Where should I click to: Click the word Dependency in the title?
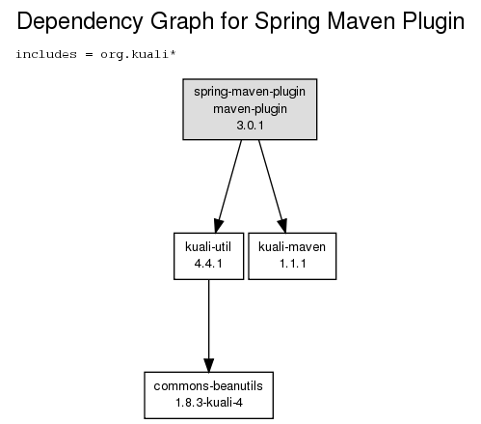[80, 22]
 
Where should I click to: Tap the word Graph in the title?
[182, 22]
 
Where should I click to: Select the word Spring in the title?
[287, 22]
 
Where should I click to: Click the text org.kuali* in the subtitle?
[138, 55]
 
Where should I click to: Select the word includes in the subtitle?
[46, 54]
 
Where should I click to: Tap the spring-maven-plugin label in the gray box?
[250, 92]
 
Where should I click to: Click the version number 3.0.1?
[250, 126]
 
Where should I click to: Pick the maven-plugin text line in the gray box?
[250, 109]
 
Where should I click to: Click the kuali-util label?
[208, 247]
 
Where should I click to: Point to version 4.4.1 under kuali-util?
[208, 264]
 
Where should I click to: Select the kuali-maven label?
[292, 247]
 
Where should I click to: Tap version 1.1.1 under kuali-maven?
[293, 264]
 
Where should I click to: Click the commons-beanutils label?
[208, 386]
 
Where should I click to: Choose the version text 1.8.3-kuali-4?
[209, 403]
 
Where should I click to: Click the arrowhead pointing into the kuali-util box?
[218, 225]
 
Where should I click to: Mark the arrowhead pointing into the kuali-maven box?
[282, 225]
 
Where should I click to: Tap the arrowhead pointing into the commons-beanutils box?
[209, 365]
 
